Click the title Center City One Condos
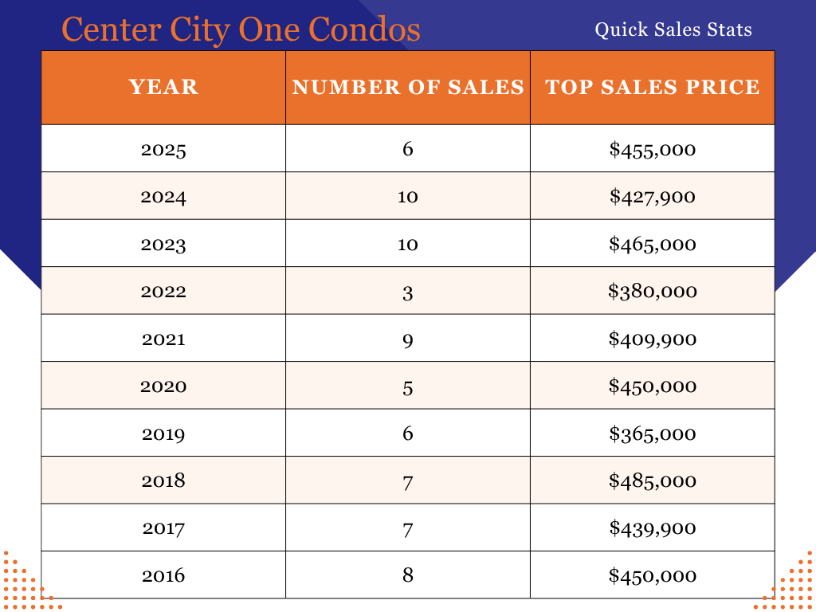tap(241, 29)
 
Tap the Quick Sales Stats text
tap(673, 30)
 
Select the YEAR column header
tap(163, 87)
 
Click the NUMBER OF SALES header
tap(408, 87)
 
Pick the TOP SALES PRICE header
tap(653, 87)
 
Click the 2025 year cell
tap(163, 149)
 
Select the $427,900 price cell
tap(653, 196)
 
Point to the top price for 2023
tap(653, 244)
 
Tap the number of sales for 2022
tap(408, 292)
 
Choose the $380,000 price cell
tap(653, 292)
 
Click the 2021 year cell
tap(163, 339)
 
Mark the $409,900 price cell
tap(653, 339)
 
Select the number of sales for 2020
tap(408, 386)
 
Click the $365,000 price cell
tap(653, 433)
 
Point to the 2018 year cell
tap(163, 481)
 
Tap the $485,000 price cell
tap(653, 481)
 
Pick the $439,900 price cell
tap(653, 528)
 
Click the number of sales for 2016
tap(408, 575)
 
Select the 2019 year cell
tap(163, 433)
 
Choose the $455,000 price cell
tap(653, 149)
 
